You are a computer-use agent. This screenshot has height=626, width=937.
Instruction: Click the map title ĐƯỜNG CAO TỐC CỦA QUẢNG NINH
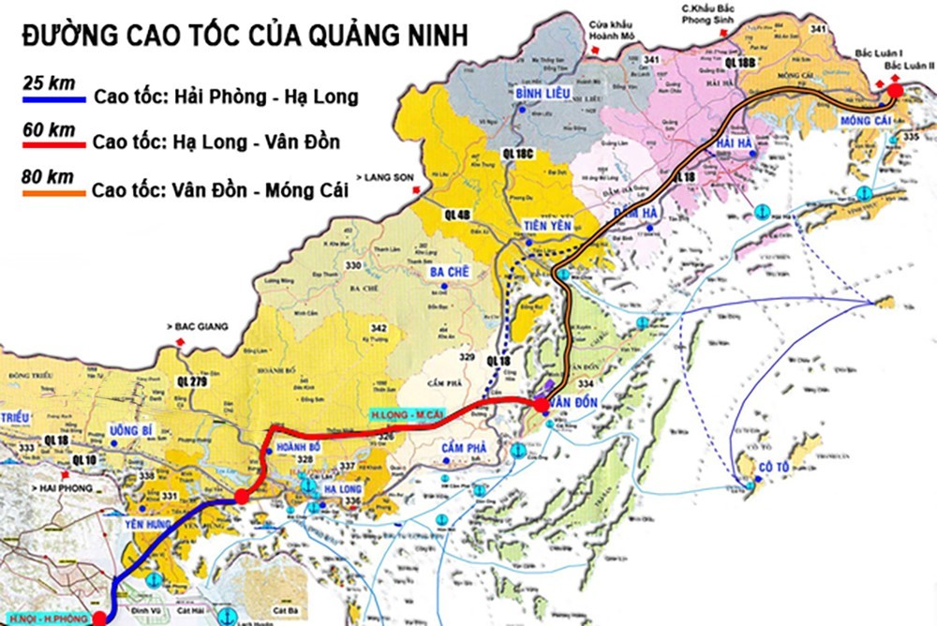point(245,37)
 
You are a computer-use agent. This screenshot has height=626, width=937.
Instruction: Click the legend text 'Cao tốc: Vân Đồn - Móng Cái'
point(220,190)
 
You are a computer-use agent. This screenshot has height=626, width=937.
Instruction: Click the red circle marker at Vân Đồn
point(542,404)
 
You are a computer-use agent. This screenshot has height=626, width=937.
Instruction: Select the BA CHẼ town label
point(450,272)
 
